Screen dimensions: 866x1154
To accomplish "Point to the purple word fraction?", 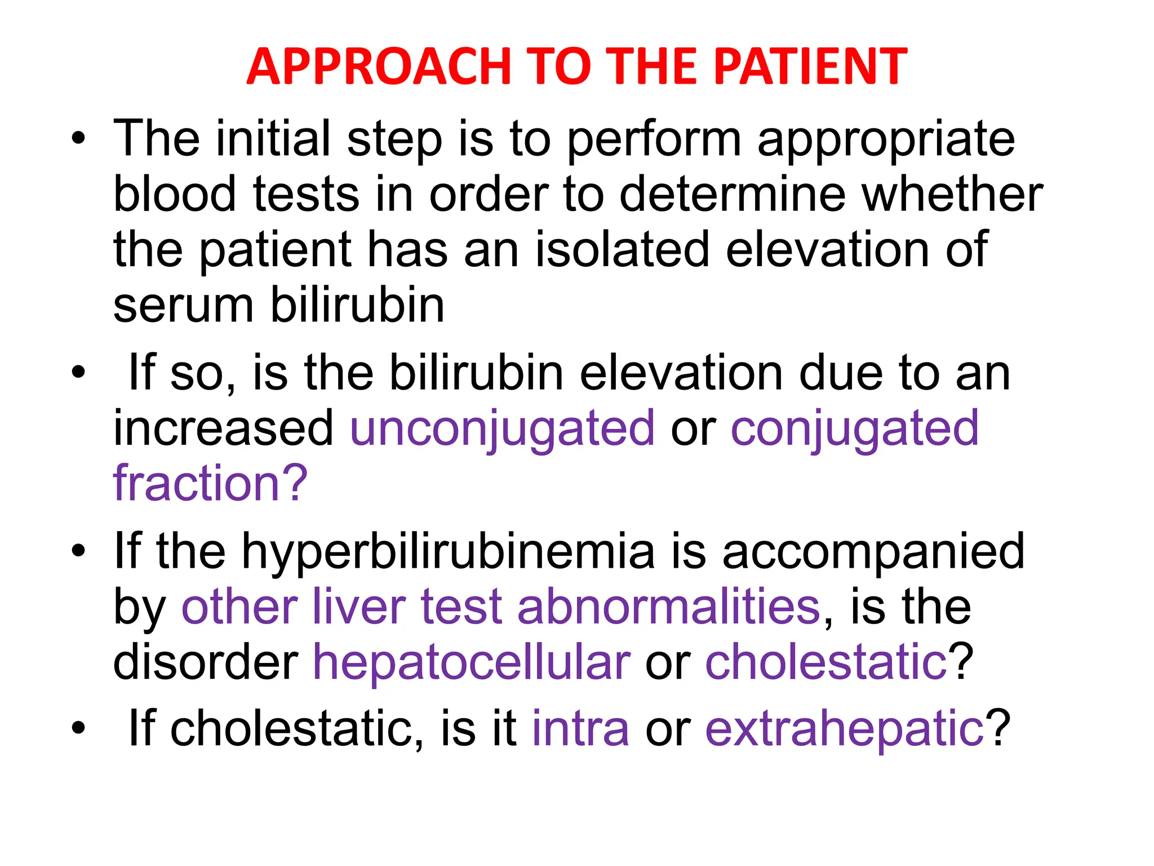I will pyautogui.click(x=210, y=484).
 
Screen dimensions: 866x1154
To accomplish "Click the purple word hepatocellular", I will pyautogui.click(x=471, y=662).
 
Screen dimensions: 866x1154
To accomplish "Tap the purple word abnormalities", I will pyautogui.click(x=668, y=608).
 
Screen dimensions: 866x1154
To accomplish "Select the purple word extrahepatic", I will pyautogui.click(x=844, y=729).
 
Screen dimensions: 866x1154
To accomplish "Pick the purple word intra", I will pyautogui.click(x=580, y=729).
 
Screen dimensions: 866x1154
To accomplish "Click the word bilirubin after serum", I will pyautogui.click(x=357, y=306).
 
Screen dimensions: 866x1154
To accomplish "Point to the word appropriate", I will pyautogui.click(x=886, y=139).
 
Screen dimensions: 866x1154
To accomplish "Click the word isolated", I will pyautogui.click(x=622, y=250).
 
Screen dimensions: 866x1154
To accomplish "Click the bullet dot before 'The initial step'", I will pyautogui.click(x=78, y=139).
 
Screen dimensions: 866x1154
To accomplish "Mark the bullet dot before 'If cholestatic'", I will pyautogui.click(x=78, y=729).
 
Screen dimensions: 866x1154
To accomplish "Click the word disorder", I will pyautogui.click(x=205, y=662).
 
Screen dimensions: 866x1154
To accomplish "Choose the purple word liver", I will pyautogui.click(x=358, y=608).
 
